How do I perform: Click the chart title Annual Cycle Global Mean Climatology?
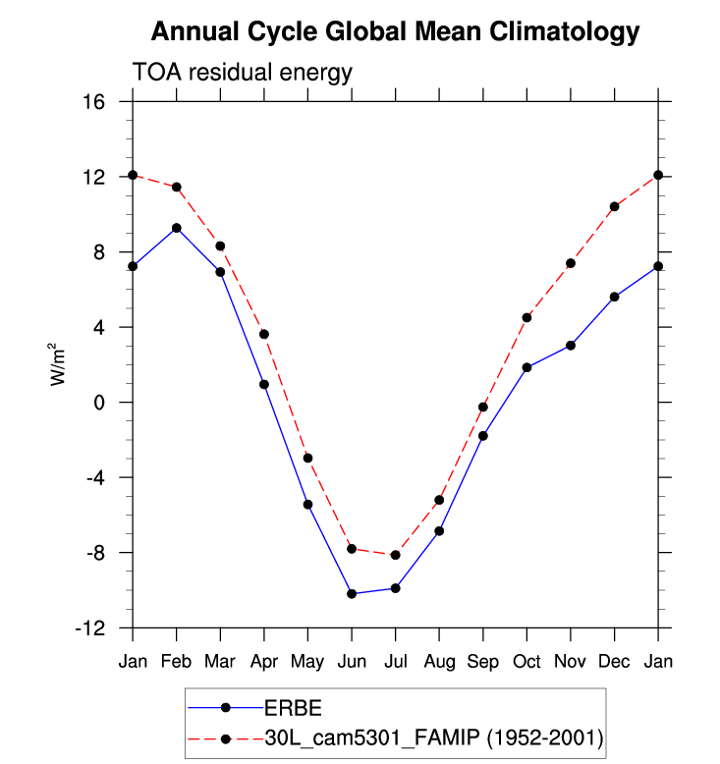point(395,32)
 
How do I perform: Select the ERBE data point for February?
point(177,228)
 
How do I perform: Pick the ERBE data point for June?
point(352,593)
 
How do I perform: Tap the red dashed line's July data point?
point(395,555)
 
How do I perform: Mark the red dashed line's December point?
point(614,206)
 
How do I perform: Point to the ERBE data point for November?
point(571,346)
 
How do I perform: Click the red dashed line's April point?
point(264,334)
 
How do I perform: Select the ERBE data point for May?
point(307,505)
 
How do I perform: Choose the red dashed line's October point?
point(526,317)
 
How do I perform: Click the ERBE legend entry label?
point(293,708)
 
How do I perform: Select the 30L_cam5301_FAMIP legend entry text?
point(433,737)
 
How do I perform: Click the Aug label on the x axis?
point(439,661)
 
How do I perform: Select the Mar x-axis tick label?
point(220,661)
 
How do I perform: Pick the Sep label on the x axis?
point(483,661)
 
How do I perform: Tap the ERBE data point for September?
point(483,435)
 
